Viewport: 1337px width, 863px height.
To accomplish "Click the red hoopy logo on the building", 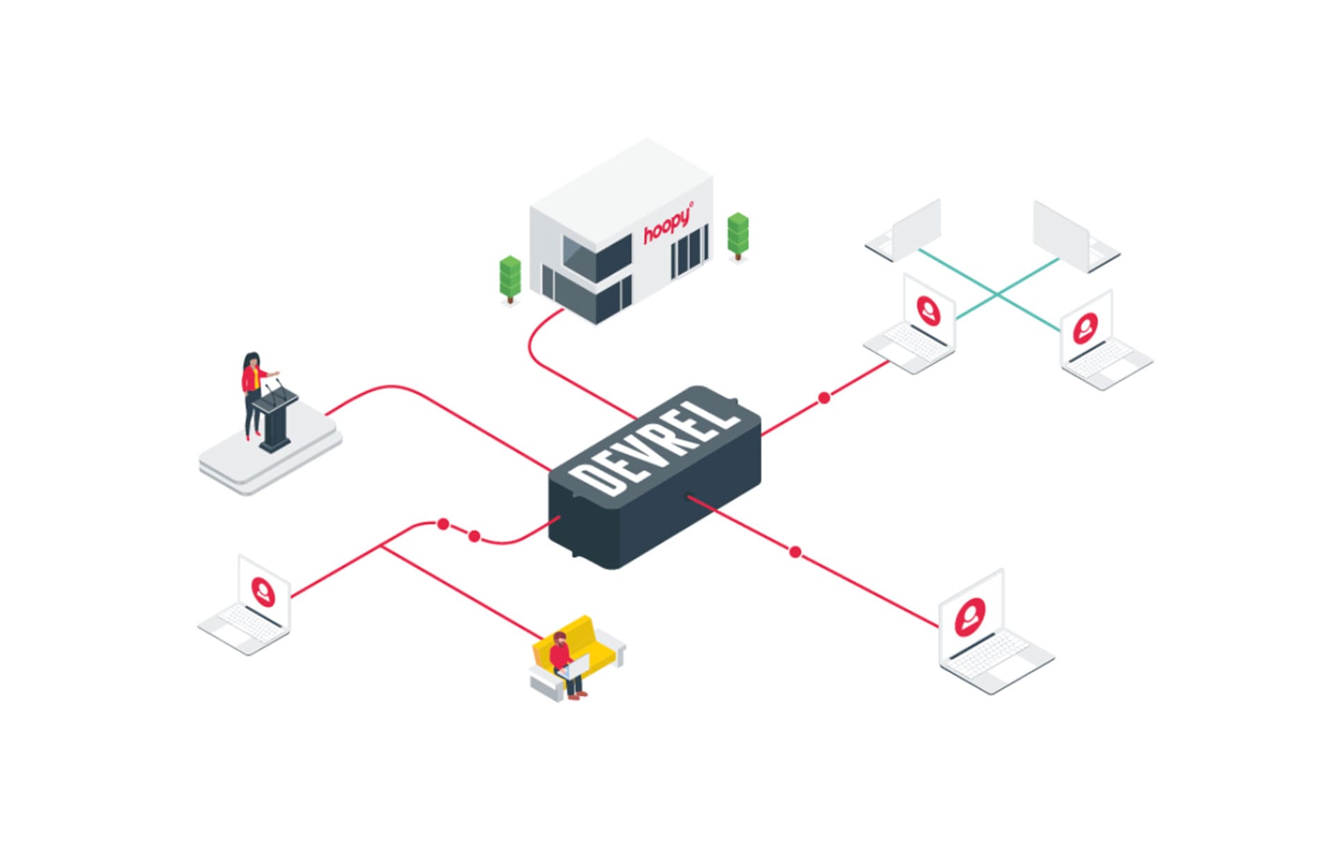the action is click(667, 224).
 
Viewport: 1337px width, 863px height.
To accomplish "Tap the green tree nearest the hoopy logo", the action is click(737, 234).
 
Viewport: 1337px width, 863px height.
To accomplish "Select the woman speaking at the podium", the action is click(252, 393).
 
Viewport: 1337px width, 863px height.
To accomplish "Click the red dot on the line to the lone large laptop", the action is click(795, 552).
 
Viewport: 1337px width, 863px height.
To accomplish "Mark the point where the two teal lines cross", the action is click(997, 295).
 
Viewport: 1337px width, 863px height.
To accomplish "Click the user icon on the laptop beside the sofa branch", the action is click(263, 592).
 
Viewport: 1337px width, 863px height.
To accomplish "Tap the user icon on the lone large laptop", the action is click(970, 616).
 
